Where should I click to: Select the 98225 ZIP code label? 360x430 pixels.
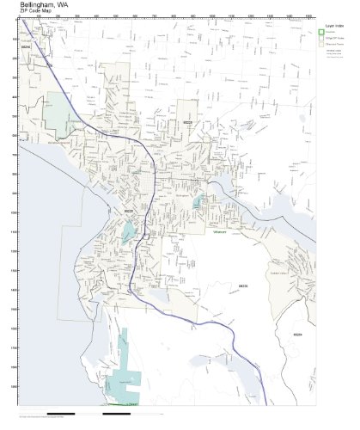[x=128, y=210]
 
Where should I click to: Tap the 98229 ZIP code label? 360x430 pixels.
[x=242, y=286]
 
